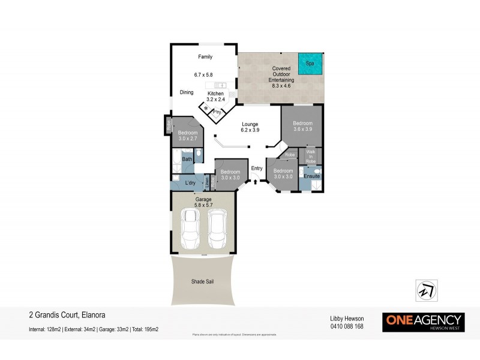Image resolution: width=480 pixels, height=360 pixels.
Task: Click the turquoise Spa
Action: tap(310, 64)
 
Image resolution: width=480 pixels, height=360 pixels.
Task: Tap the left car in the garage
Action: tap(192, 229)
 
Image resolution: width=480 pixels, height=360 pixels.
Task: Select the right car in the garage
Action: tap(217, 229)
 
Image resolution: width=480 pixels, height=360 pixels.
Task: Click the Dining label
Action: tap(187, 92)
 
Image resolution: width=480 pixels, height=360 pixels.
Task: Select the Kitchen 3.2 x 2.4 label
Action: tap(215, 97)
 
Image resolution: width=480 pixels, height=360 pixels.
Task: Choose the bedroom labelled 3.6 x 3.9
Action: tap(302, 127)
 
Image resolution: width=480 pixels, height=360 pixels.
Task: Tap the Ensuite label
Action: tap(311, 176)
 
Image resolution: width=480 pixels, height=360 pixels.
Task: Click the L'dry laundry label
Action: tap(191, 182)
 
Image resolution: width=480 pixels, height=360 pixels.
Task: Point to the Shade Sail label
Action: tap(202, 280)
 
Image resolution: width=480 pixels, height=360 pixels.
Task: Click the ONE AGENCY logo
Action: tap(423, 322)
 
